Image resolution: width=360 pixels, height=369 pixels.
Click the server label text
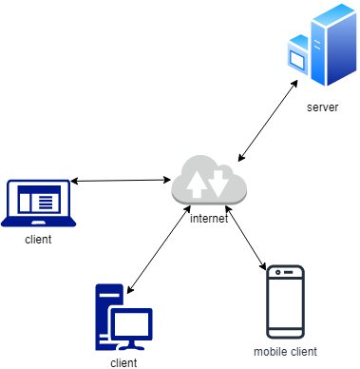pyautogui.click(x=322, y=107)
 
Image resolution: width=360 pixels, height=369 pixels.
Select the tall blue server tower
pyautogui.click(x=333, y=45)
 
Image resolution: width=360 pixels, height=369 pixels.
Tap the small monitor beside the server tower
pyautogui.click(x=298, y=55)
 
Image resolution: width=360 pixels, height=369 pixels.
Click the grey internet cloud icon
pyautogui.click(x=209, y=180)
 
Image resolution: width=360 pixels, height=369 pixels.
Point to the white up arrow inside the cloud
pyautogui.click(x=197, y=184)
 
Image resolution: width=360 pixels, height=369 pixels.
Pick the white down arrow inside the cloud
pyautogui.click(x=218, y=184)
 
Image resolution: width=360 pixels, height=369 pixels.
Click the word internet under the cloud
pyautogui.click(x=209, y=219)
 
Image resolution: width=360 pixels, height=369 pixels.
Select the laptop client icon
pyautogui.click(x=38, y=204)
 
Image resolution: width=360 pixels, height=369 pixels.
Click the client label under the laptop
pyautogui.click(x=38, y=240)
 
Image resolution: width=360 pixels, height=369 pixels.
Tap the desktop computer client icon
pyautogui.click(x=123, y=317)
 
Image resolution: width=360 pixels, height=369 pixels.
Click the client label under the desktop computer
pyautogui.click(x=123, y=363)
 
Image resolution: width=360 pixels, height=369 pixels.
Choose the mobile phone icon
pyautogui.click(x=285, y=302)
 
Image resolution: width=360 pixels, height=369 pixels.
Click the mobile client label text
pyautogui.click(x=285, y=352)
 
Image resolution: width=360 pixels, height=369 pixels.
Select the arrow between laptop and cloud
pyautogui.click(x=121, y=181)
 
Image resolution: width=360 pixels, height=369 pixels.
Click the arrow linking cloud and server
pyautogui.click(x=268, y=121)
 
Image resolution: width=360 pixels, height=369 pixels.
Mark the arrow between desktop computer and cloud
pyautogui.click(x=159, y=249)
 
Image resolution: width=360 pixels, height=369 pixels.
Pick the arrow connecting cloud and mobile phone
pyautogui.click(x=246, y=238)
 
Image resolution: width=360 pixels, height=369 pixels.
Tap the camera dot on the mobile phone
pyautogui.click(x=278, y=273)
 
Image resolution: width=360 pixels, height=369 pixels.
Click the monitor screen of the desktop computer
pyautogui.click(x=131, y=324)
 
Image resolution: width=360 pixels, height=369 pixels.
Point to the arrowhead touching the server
pyautogui.click(x=294, y=84)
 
